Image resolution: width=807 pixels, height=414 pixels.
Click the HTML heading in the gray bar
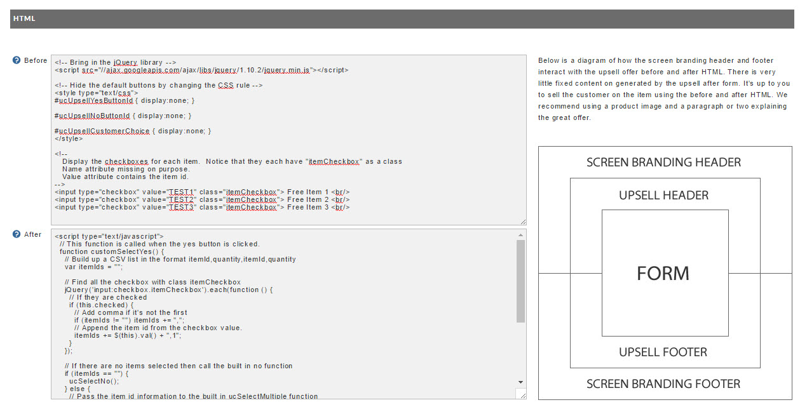24,18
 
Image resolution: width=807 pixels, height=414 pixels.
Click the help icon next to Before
17,60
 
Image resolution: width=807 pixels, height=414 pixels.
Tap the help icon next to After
17,234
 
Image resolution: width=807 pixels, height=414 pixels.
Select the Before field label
36,60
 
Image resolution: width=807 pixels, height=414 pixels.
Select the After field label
33,234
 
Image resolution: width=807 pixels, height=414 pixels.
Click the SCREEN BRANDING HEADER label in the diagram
663,163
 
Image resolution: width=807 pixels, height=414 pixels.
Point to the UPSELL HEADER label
663,195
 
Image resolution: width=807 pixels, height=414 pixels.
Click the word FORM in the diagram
663,273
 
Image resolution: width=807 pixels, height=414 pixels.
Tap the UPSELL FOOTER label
663,352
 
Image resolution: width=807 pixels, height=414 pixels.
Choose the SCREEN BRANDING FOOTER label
663,384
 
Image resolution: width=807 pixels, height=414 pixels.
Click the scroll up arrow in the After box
520,235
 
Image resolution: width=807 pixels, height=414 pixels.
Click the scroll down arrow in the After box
520,382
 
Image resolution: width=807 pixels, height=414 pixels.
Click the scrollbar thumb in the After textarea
520,281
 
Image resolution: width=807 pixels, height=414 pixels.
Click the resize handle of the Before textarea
523,222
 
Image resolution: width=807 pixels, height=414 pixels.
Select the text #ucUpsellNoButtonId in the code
92,116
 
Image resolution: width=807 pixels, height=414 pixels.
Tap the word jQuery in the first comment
125,63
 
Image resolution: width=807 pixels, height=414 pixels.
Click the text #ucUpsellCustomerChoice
102,131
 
